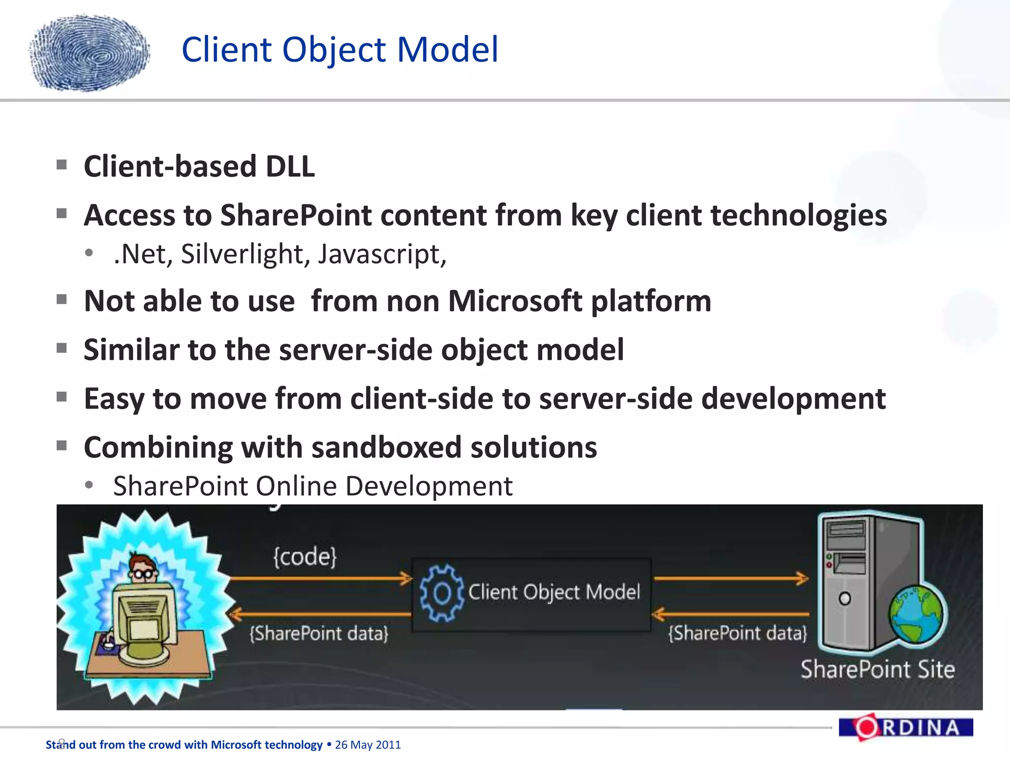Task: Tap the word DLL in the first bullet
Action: pyautogui.click(x=290, y=167)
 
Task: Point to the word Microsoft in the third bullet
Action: pyautogui.click(x=515, y=301)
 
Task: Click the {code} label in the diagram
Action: pyautogui.click(x=305, y=557)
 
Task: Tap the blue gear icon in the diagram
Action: pyautogui.click(x=441, y=593)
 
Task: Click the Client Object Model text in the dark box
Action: pyautogui.click(x=554, y=592)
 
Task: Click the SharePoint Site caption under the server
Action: pyautogui.click(x=877, y=669)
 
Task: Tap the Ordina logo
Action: pyautogui.click(x=905, y=727)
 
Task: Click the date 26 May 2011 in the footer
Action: pyautogui.click(x=368, y=745)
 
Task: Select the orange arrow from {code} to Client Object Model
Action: pyautogui.click(x=321, y=578)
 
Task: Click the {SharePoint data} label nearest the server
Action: pyautogui.click(x=737, y=633)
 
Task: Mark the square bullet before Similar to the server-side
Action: pyautogui.click(x=62, y=348)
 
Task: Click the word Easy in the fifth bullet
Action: pyautogui.click(x=113, y=399)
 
